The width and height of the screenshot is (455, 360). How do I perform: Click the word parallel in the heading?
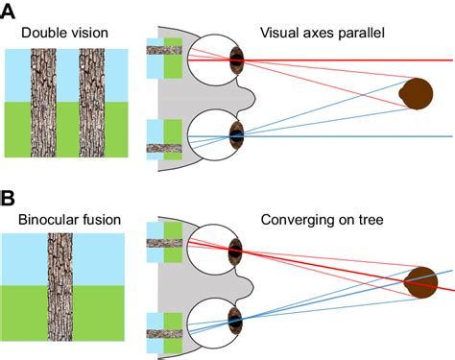coord(358,34)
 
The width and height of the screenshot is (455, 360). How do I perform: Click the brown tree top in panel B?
coord(421,282)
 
